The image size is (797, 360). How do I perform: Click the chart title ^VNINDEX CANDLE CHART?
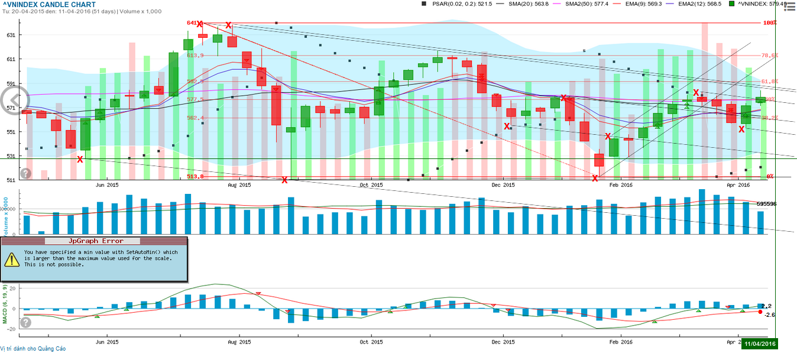[48, 5]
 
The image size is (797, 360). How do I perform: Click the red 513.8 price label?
[195, 176]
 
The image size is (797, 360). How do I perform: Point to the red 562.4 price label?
[195, 118]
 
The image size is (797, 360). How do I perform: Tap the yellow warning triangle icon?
[12, 259]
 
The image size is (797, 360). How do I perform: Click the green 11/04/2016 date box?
[759, 343]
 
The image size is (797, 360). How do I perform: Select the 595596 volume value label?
[766, 204]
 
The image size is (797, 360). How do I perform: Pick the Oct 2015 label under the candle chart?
[372, 185]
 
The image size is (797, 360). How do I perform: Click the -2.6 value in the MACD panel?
[769, 315]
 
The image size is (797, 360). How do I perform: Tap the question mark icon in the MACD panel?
[25, 322]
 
